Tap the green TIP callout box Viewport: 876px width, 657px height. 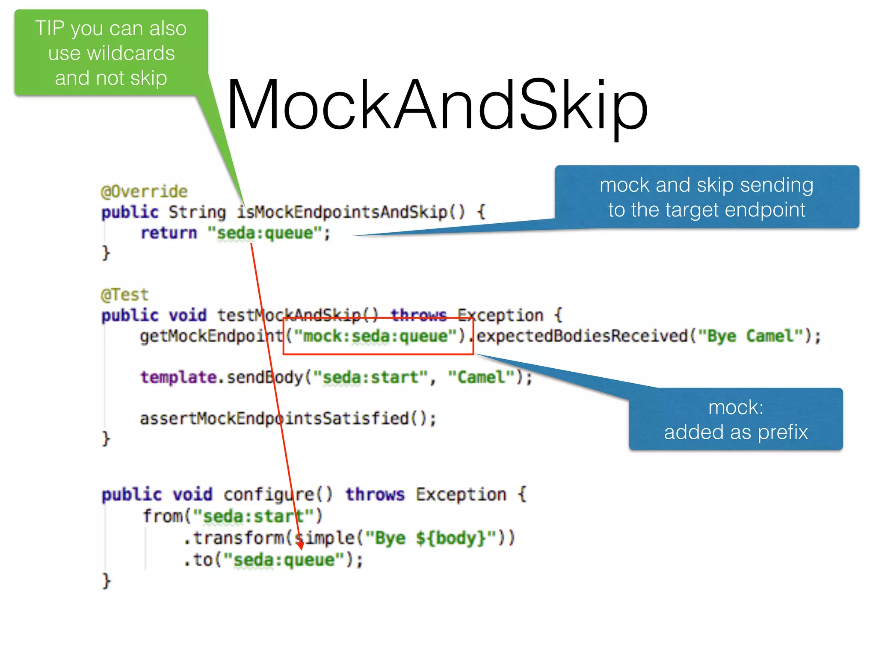pyautogui.click(x=111, y=53)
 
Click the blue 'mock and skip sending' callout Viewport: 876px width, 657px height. pyautogui.click(x=707, y=197)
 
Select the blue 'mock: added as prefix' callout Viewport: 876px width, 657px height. pyautogui.click(x=736, y=419)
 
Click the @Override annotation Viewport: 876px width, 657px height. pyautogui.click(x=144, y=191)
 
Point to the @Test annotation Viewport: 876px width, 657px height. pyautogui.click(x=124, y=295)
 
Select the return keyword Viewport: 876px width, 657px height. pyautogui.click(x=169, y=233)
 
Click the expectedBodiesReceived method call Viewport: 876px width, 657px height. pyautogui.click(x=582, y=336)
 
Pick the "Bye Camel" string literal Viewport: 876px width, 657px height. pyautogui.click(x=751, y=336)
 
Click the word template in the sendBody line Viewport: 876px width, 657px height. pyautogui.click(x=178, y=377)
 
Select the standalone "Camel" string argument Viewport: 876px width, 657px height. pyautogui.click(x=481, y=377)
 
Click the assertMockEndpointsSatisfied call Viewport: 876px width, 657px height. pyautogui.click(x=287, y=418)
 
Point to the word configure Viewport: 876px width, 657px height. pyautogui.click(x=269, y=495)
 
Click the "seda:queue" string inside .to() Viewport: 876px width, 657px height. pyautogui.click(x=284, y=560)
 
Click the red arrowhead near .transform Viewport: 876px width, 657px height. pyautogui.click(x=301, y=545)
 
